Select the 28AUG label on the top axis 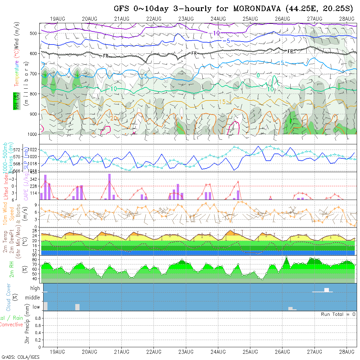(x=347, y=18)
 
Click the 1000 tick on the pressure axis (x=32, y=134)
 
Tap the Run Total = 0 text (x=338, y=314)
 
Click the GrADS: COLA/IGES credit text (x=20, y=357)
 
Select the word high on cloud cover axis (x=35, y=288)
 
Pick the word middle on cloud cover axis (x=33, y=298)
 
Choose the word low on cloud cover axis (x=36, y=307)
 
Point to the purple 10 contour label (x=216, y=33)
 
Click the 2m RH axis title (x=12, y=269)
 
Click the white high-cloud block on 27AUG (x=326, y=290)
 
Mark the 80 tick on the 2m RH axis (x=34, y=260)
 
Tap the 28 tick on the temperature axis (x=34, y=230)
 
